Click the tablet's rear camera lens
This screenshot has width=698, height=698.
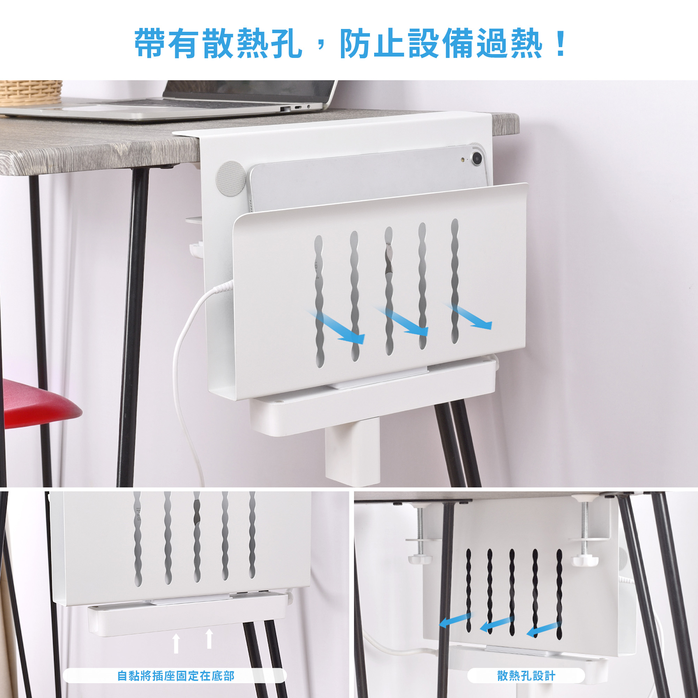(x=477, y=158)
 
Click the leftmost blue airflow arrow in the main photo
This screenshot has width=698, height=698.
(x=336, y=327)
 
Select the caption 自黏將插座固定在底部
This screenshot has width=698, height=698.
(x=176, y=676)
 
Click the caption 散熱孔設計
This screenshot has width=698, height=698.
(x=526, y=676)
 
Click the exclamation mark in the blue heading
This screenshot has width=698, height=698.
(x=561, y=43)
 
